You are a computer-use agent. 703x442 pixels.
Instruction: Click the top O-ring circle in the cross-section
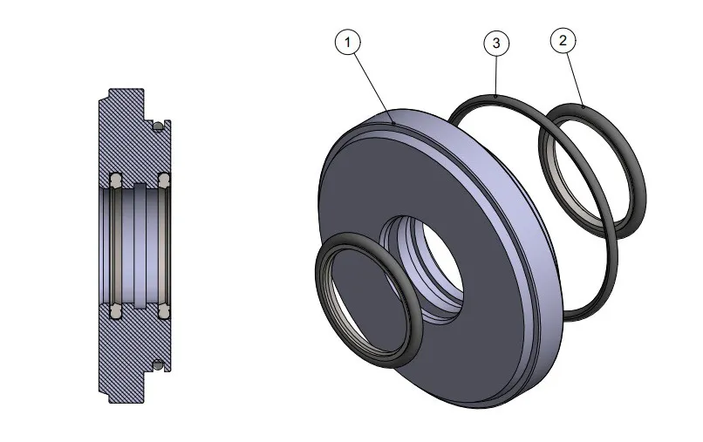tap(157, 127)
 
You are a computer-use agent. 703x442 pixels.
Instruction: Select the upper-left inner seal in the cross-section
tap(114, 180)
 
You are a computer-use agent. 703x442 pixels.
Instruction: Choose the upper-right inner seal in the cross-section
tap(163, 180)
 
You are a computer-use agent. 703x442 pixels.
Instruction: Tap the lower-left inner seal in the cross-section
tap(114, 309)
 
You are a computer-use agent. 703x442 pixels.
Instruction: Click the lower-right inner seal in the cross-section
tap(163, 309)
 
